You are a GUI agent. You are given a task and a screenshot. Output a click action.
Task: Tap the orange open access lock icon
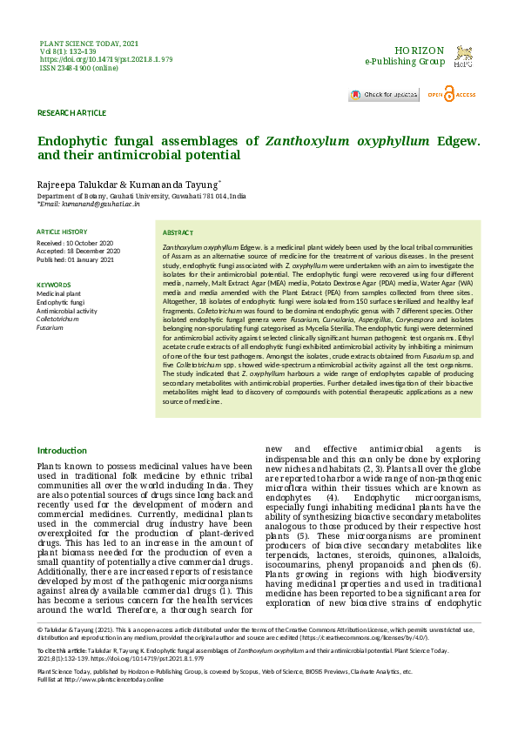pyautogui.click(x=448, y=94)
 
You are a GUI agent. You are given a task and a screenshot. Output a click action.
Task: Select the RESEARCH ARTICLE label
pyautogui.click(x=71, y=113)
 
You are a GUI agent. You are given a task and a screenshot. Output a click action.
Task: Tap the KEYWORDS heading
pyautogui.click(x=53, y=285)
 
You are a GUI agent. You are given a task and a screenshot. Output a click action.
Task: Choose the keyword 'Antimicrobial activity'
pyautogui.click(x=67, y=311)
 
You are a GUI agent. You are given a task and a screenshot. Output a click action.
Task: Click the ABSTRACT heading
pyautogui.click(x=178, y=233)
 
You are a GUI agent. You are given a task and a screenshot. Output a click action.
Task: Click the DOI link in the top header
pyautogui.click(x=106, y=59)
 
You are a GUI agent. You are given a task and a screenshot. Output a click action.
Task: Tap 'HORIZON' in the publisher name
pyautogui.click(x=420, y=51)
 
